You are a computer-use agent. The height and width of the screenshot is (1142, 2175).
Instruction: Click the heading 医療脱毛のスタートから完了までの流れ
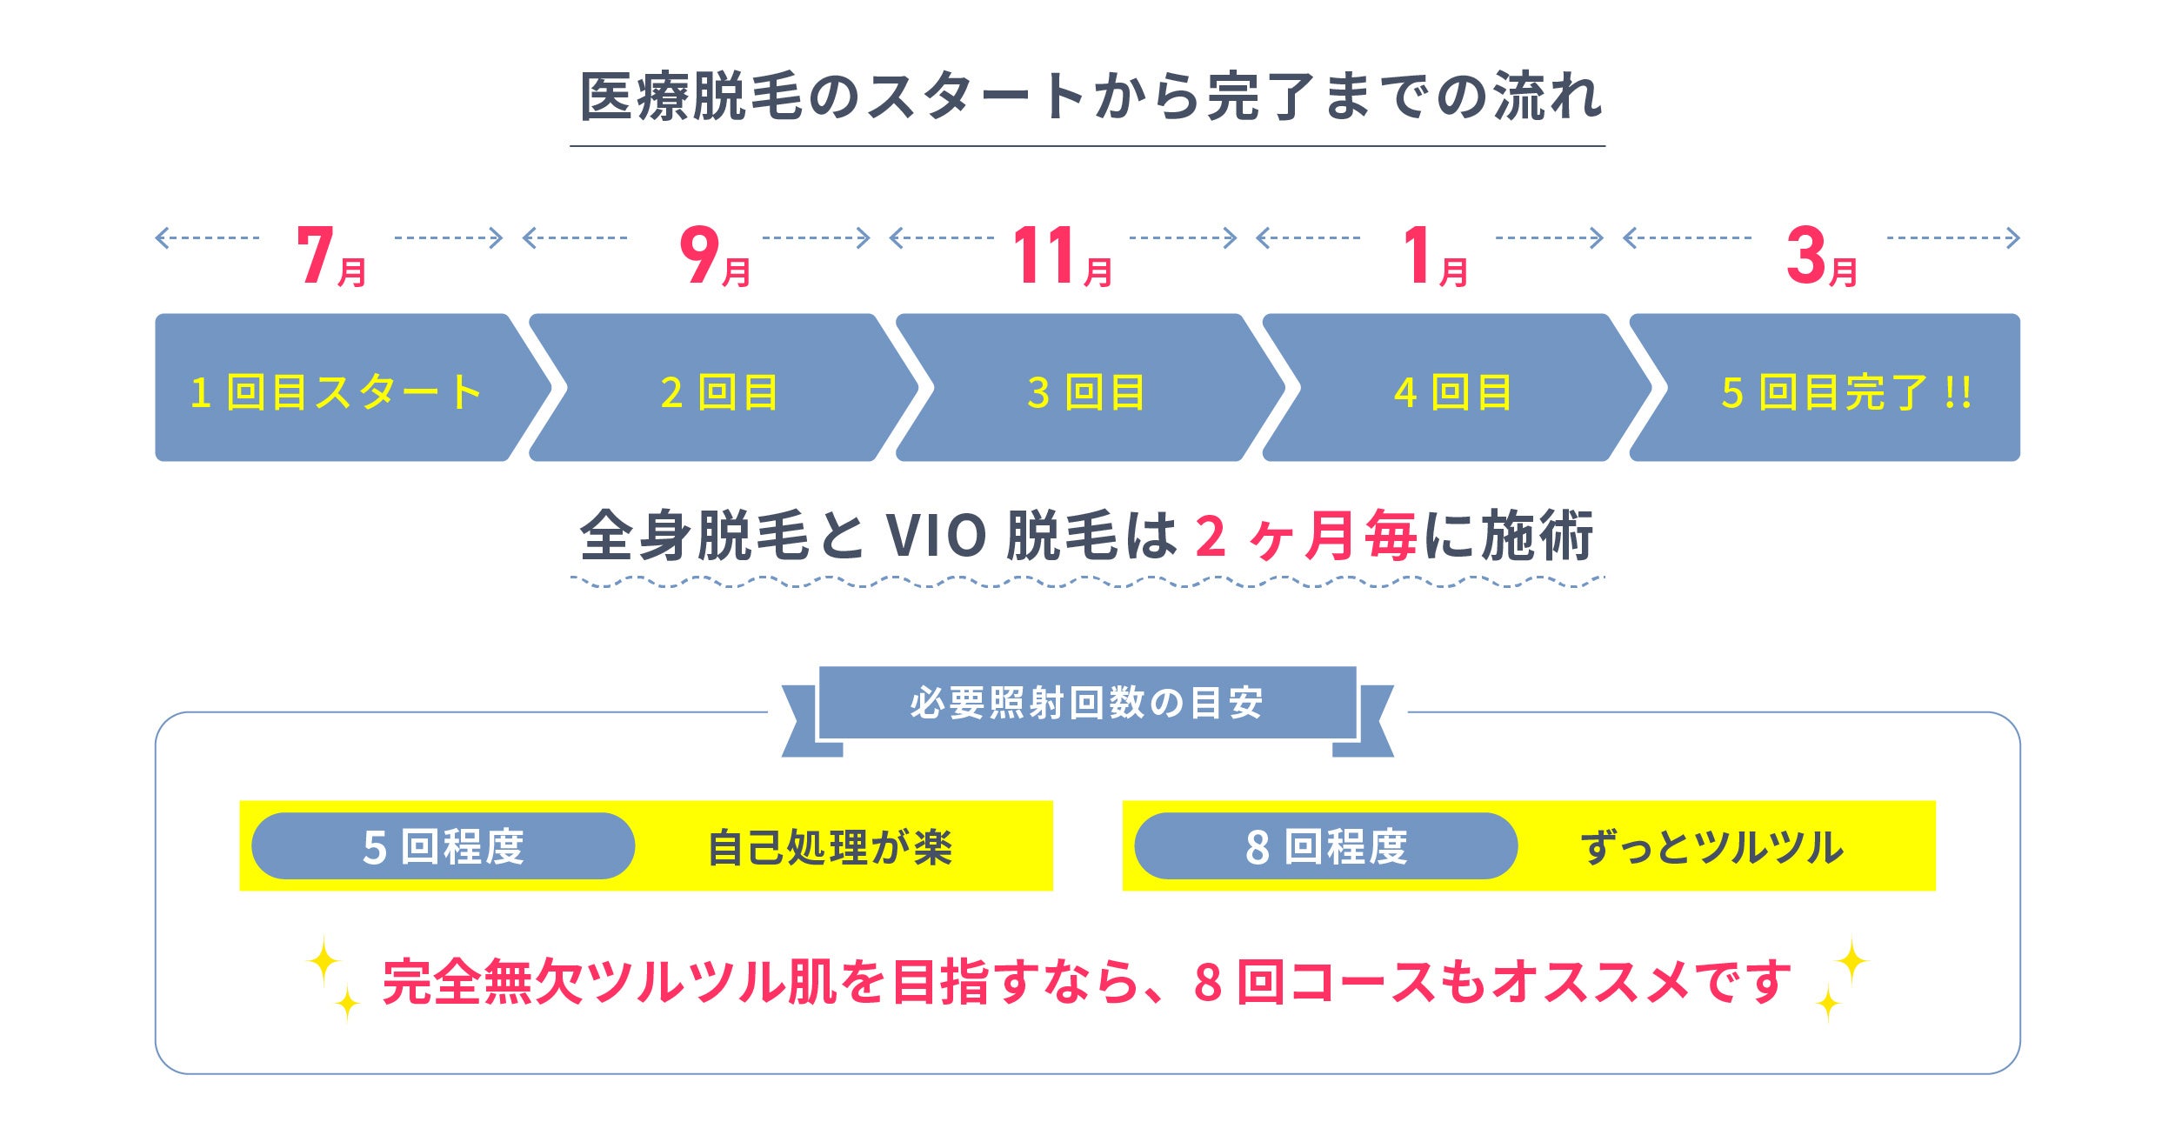pos(1091,96)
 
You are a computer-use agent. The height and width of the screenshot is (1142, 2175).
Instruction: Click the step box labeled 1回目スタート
pos(336,391)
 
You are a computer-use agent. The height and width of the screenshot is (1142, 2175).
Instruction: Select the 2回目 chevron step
pos(720,391)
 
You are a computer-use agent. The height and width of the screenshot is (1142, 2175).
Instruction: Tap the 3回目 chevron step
pos(1087,391)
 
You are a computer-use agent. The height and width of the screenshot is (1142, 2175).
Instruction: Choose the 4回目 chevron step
pos(1453,391)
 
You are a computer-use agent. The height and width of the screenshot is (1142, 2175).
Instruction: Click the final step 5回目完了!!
pos(1844,391)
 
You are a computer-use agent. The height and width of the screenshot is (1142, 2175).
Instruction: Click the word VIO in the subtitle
pos(935,536)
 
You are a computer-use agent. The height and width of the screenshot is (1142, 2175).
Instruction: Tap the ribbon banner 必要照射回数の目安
pos(1087,703)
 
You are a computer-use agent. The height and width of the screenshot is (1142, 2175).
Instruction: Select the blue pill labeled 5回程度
pos(443,846)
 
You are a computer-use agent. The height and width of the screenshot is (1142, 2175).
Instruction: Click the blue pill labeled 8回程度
pos(1325,846)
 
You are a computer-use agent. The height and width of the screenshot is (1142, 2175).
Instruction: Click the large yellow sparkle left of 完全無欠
pos(324,961)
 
